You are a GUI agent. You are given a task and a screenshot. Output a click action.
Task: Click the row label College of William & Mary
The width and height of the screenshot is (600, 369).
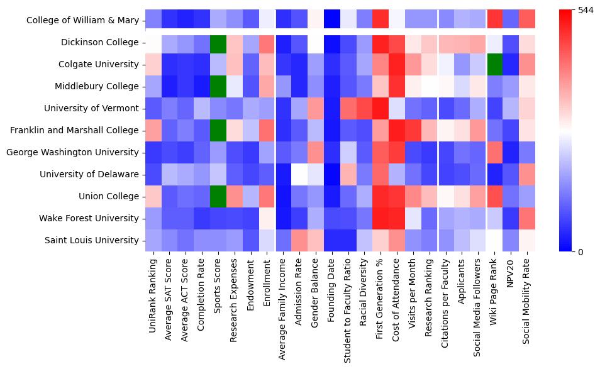click(82, 21)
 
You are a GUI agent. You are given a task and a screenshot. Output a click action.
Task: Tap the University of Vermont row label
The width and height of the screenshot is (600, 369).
click(91, 109)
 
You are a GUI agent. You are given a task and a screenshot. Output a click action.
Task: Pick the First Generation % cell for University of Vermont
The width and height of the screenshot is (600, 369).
click(382, 109)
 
